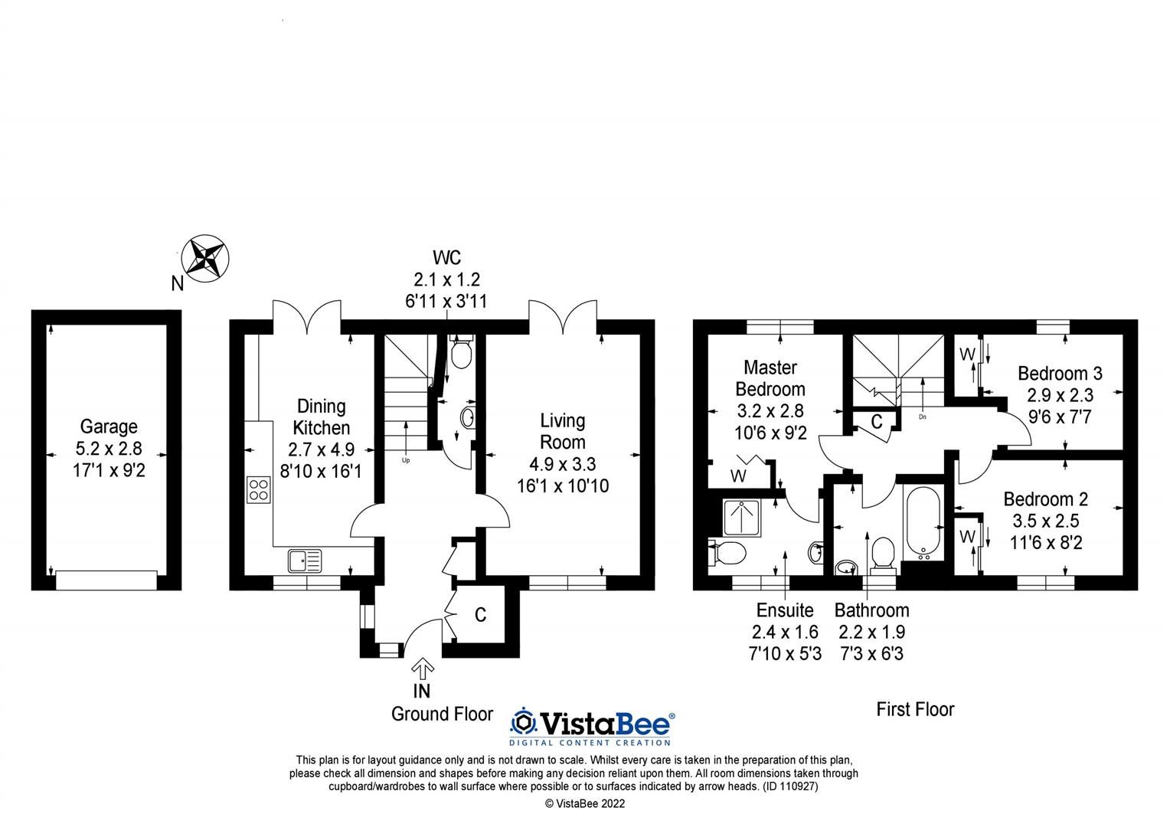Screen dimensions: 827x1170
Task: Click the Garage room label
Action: coord(109,427)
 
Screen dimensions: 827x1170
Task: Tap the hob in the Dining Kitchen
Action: coord(259,489)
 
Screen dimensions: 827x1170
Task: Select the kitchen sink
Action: coord(306,561)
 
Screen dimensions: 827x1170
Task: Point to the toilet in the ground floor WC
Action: coord(461,355)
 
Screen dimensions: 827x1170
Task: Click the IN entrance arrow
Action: coord(422,668)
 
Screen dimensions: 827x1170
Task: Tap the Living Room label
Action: coord(563,431)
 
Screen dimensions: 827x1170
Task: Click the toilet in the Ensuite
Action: coord(729,551)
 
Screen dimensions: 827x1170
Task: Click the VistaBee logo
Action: coord(593,724)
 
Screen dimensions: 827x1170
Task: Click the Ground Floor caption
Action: coord(442,714)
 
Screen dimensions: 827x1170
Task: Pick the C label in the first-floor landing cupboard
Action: coord(877,423)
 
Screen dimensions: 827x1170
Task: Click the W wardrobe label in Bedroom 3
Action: coord(966,355)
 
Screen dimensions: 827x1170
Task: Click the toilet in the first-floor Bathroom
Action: coord(883,553)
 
